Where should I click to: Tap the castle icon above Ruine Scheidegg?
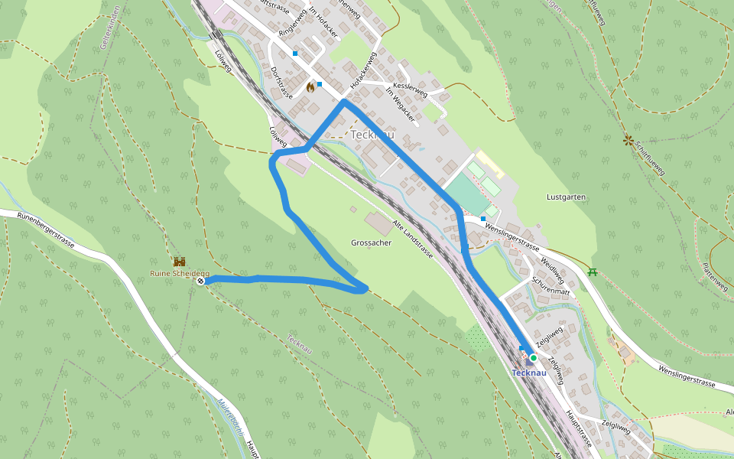tap(180, 262)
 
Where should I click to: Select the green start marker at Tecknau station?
tap(533, 357)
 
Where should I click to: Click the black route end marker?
tap(200, 282)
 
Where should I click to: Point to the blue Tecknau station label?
tap(529, 373)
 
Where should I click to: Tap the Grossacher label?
tap(371, 243)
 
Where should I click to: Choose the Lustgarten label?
tap(566, 197)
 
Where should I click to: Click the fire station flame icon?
tap(310, 87)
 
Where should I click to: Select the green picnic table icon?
tap(593, 271)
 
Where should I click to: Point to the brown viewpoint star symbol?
tap(628, 140)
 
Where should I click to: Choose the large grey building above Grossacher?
tap(380, 223)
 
